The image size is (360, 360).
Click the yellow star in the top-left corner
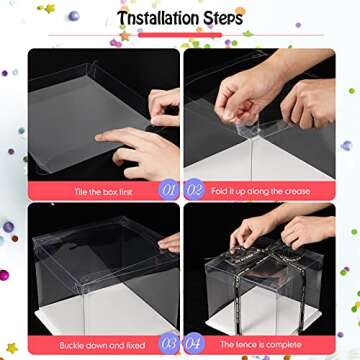pos(46,9)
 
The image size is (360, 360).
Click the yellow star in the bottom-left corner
pos(12,347)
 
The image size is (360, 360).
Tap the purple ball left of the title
pos(73,15)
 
